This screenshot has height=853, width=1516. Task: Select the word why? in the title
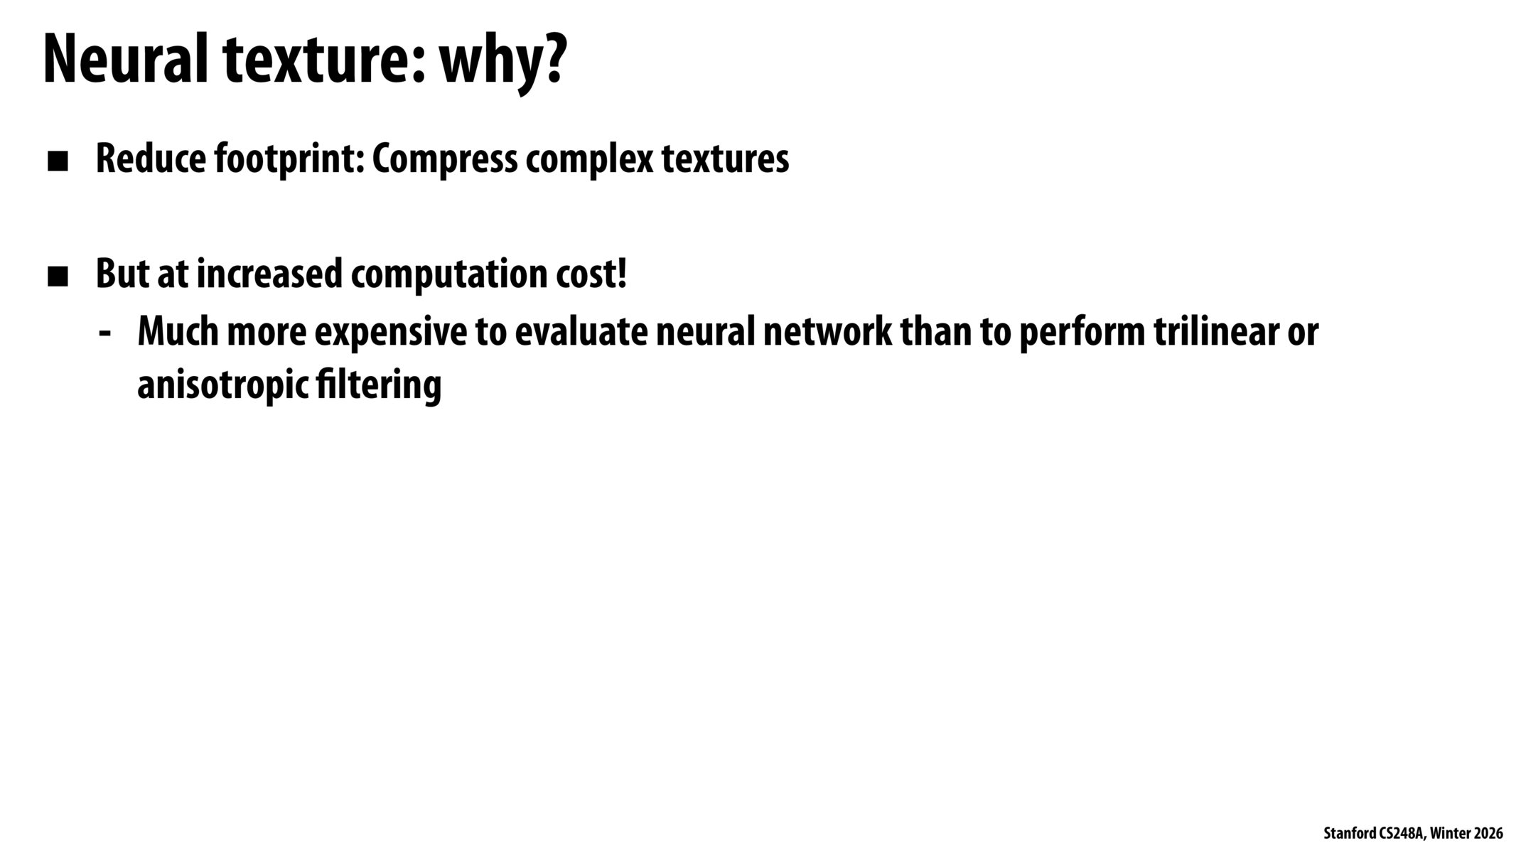pos(503,63)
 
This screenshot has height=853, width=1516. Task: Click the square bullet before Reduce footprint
pos(58,162)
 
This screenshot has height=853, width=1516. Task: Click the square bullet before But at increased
pos(58,277)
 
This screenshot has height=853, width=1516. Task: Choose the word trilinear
pos(1222,331)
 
